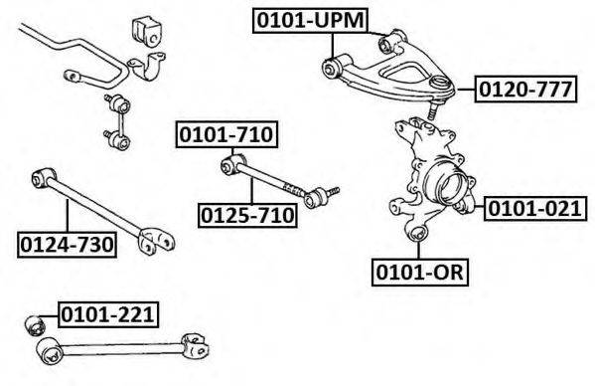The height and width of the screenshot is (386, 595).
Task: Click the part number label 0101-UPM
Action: click(310, 21)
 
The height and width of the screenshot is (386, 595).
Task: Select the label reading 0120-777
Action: click(525, 90)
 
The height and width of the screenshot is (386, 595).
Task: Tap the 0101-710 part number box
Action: click(226, 134)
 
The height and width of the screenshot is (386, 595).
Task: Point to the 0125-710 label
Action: click(247, 216)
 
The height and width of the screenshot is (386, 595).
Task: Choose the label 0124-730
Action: click(67, 245)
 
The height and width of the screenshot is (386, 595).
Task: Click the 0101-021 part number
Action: click(535, 209)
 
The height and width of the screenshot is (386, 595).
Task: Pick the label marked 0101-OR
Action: click(420, 273)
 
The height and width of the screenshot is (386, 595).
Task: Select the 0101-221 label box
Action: click(108, 314)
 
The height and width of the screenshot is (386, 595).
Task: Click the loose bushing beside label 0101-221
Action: click(35, 325)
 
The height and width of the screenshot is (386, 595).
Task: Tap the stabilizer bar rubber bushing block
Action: click(147, 32)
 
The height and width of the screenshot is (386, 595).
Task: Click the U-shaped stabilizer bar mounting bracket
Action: click(148, 66)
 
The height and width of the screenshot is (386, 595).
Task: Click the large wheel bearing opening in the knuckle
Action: click(453, 186)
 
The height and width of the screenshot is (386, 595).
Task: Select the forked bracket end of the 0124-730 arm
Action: click(156, 241)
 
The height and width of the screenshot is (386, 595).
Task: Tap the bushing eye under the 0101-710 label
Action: click(231, 164)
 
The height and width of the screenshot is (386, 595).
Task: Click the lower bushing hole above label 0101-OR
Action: click(418, 233)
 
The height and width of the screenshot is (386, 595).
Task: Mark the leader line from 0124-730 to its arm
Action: click(68, 216)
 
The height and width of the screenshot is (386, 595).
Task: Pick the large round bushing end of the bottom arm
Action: click(50, 351)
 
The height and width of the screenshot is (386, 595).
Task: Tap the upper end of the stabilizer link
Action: click(119, 103)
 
